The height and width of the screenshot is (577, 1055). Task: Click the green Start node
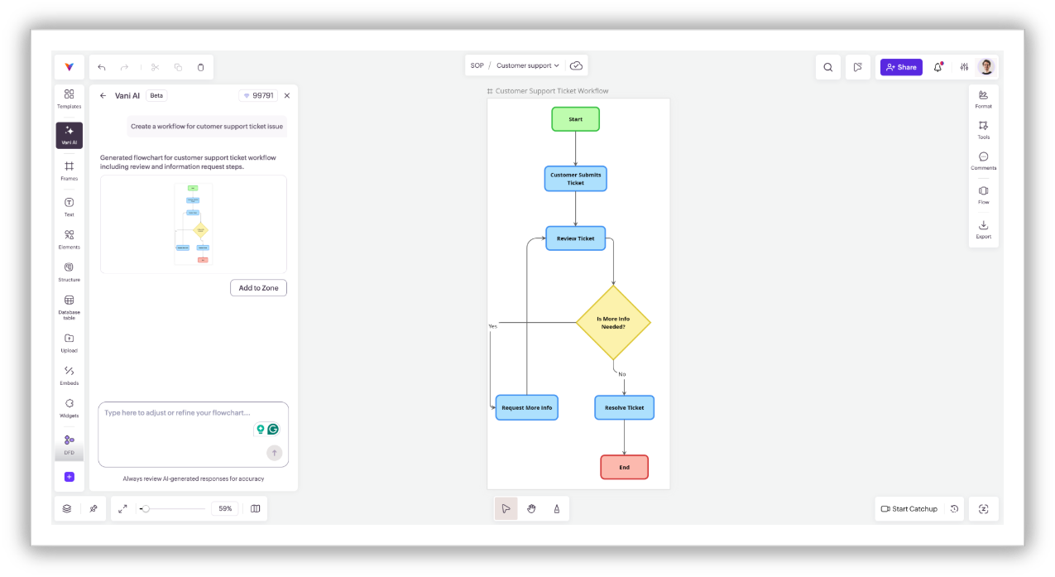(575, 119)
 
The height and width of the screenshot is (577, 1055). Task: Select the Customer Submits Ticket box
(575, 179)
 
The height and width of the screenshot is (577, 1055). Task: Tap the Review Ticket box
(575, 238)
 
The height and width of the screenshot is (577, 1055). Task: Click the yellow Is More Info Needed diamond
(612, 322)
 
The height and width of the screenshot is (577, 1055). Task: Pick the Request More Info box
(526, 407)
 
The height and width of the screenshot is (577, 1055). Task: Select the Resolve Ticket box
(624, 407)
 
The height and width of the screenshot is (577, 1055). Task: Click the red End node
(624, 467)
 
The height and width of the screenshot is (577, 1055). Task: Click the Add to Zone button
(258, 288)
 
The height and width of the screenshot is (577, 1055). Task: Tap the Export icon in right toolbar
(983, 228)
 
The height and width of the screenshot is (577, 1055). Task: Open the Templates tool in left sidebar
(69, 99)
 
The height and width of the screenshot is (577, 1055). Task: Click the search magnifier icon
(827, 67)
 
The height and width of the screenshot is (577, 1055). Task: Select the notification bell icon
(938, 67)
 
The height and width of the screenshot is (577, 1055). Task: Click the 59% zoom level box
(224, 509)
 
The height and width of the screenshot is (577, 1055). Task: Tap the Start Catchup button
(909, 509)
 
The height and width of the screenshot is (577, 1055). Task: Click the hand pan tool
(531, 509)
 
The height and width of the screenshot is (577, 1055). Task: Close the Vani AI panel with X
(287, 95)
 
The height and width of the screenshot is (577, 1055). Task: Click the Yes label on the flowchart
(492, 326)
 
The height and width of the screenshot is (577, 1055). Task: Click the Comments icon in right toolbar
(983, 161)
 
